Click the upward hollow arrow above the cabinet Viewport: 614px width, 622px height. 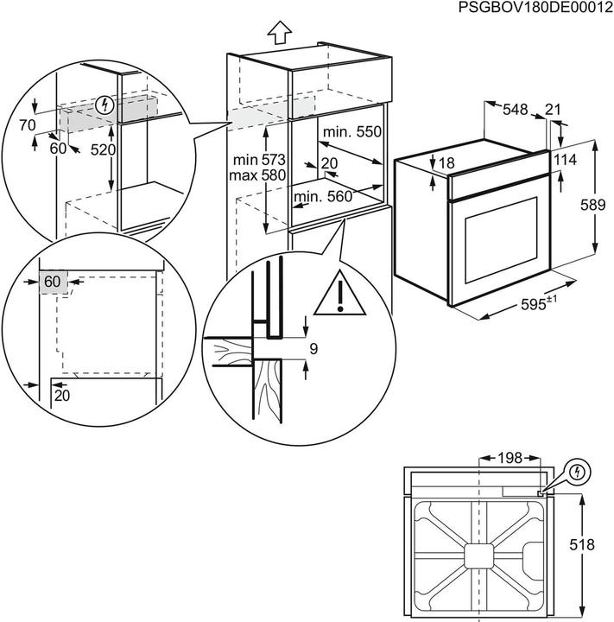coord(277,33)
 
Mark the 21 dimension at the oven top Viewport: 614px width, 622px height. coord(553,109)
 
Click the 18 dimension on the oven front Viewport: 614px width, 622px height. coord(445,162)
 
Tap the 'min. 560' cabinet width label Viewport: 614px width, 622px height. coord(323,197)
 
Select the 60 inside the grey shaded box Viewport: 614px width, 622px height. coord(53,282)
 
